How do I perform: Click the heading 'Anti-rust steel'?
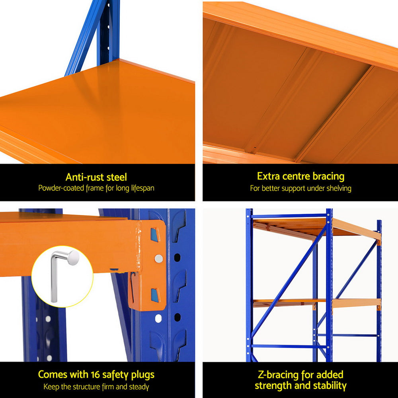[x=96, y=177]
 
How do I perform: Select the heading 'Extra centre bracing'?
[x=300, y=176]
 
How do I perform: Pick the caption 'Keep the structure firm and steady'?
[x=96, y=386]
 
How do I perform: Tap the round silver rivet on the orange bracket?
[x=158, y=259]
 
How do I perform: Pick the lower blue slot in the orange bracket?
[x=154, y=295]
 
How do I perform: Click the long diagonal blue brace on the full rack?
[x=289, y=279]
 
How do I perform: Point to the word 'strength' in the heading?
[x=274, y=386]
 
